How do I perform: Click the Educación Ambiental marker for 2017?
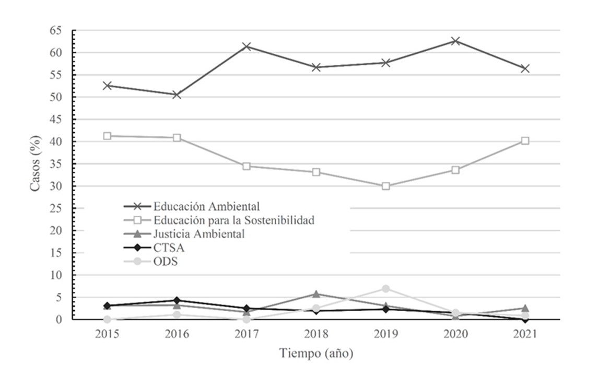(247, 46)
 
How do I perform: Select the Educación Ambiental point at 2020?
(455, 41)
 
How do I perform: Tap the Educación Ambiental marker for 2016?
(177, 95)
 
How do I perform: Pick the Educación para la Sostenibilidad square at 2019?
(385, 186)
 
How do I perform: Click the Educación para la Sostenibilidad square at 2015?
(107, 136)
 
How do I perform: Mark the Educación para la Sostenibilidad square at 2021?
(525, 140)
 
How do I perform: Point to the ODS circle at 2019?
(385, 289)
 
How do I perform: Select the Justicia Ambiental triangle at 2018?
(316, 294)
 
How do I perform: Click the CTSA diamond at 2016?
(177, 300)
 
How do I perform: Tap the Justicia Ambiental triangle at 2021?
(525, 308)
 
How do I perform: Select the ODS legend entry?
(166, 262)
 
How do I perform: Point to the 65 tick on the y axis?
(56, 31)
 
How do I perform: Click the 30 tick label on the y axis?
(56, 186)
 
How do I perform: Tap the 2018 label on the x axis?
(316, 334)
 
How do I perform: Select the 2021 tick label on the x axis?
(525, 334)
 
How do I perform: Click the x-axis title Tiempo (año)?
(316, 354)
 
